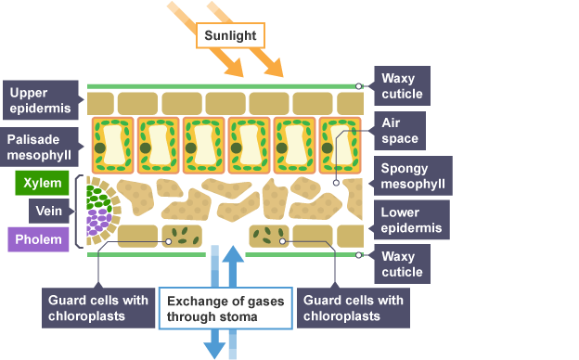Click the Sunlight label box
click(230, 35)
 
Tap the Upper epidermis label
click(41, 100)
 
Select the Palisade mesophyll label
click(39, 147)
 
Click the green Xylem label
click(42, 183)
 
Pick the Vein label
click(49, 211)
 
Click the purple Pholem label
click(38, 239)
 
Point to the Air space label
click(400, 131)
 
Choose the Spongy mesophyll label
click(413, 175)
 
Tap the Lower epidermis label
click(412, 220)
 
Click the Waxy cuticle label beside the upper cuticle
click(402, 85)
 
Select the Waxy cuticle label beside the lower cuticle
click(402, 264)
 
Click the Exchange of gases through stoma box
click(225, 308)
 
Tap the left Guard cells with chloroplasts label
click(98, 308)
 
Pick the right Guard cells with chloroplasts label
click(354, 308)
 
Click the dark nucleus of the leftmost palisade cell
click(100, 148)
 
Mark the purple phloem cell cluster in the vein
click(98, 222)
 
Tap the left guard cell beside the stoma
click(182, 236)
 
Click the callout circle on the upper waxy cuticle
click(358, 86)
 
